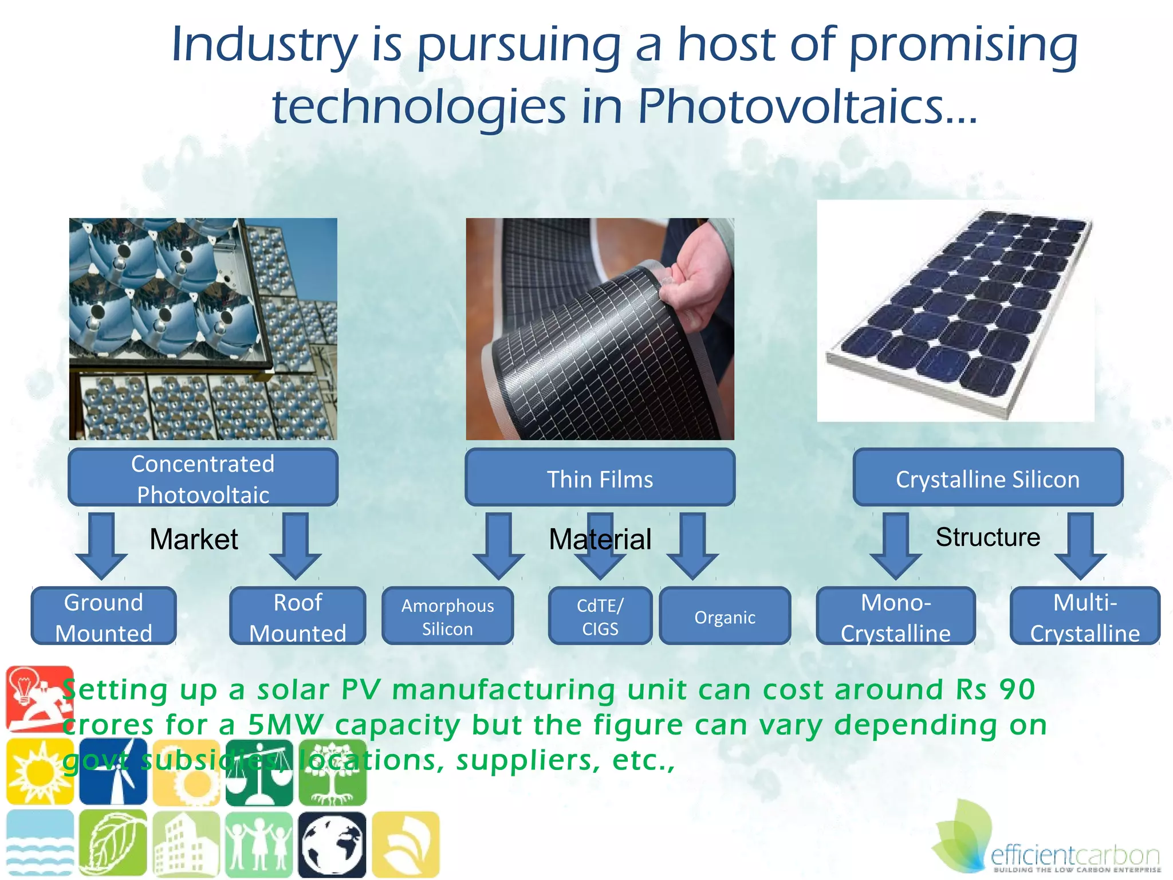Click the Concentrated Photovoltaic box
click(203, 477)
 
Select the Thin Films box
click(600, 477)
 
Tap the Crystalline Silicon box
click(987, 477)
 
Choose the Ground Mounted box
click(104, 616)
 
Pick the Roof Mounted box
click(297, 616)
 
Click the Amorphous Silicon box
click(447, 616)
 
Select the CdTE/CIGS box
click(600, 616)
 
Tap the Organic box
click(725, 616)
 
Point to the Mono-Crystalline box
click(895, 616)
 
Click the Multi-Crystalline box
click(1085, 616)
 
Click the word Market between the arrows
click(194, 539)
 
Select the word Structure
click(987, 537)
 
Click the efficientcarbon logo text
click(1074, 857)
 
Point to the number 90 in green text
click(1017, 689)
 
